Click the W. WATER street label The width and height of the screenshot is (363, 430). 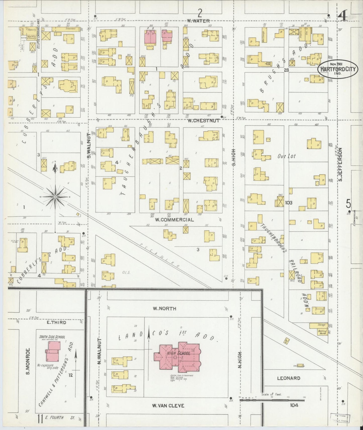(x=198, y=21)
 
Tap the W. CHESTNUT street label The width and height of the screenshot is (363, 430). (x=203, y=121)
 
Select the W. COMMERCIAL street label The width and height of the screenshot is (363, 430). (x=174, y=220)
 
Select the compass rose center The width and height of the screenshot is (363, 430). (x=55, y=197)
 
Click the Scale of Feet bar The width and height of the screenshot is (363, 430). (x=273, y=401)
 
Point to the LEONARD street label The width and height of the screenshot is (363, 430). (x=289, y=378)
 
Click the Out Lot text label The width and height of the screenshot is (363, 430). (x=286, y=156)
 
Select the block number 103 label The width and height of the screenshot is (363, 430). (x=289, y=203)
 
